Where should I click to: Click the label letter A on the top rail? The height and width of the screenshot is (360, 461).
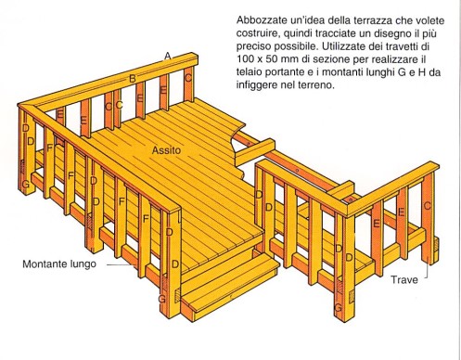pyautogui.click(x=167, y=57)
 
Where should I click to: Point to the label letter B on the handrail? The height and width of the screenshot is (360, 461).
pyautogui.click(x=133, y=79)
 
